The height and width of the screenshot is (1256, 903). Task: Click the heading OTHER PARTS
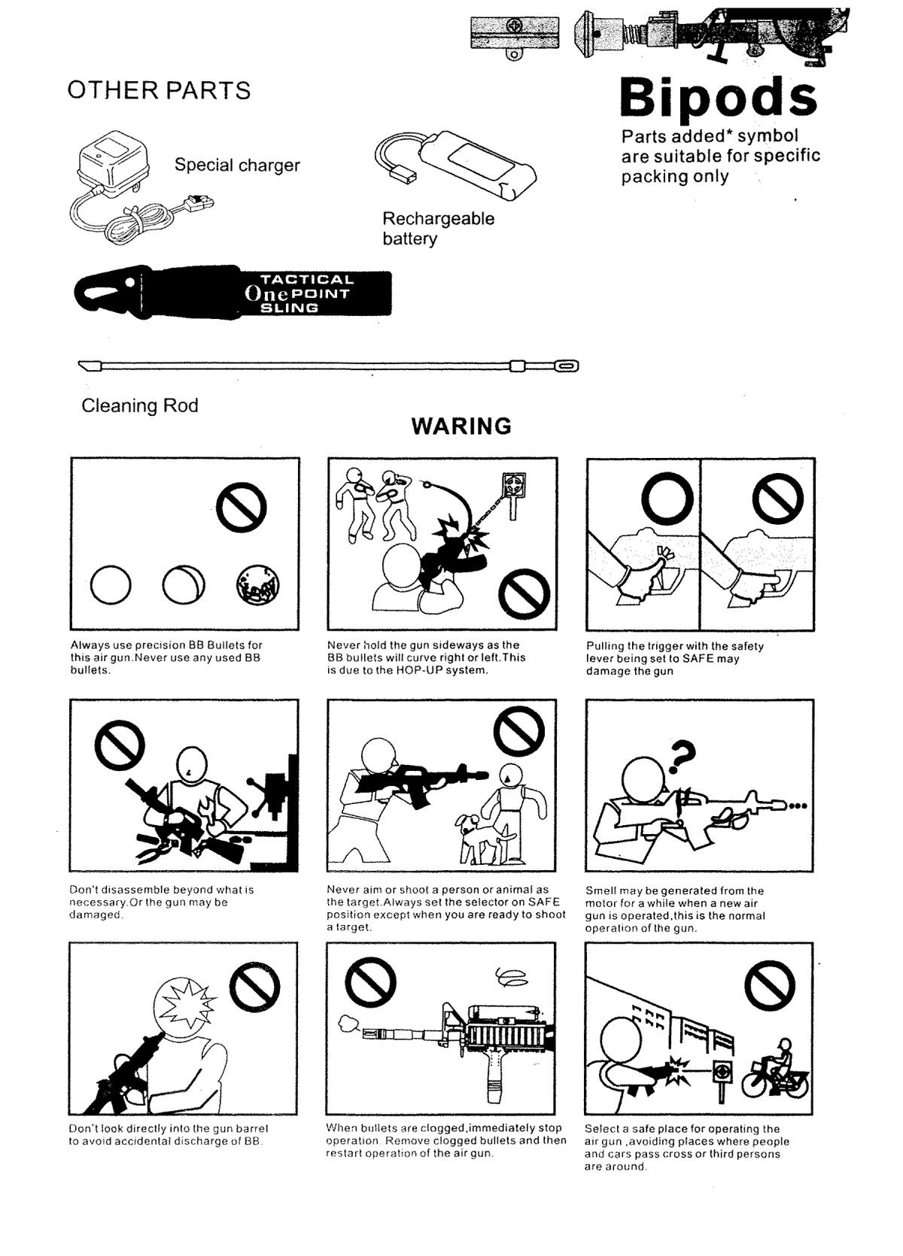159,90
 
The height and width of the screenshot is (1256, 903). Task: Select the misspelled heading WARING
461,426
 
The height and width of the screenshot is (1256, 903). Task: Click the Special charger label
237,165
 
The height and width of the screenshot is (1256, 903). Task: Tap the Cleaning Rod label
140,405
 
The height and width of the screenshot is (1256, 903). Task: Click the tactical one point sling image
233,293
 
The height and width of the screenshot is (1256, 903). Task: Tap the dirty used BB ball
258,585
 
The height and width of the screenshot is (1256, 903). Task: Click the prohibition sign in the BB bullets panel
241,507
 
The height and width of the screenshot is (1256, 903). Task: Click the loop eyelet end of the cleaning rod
567,366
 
